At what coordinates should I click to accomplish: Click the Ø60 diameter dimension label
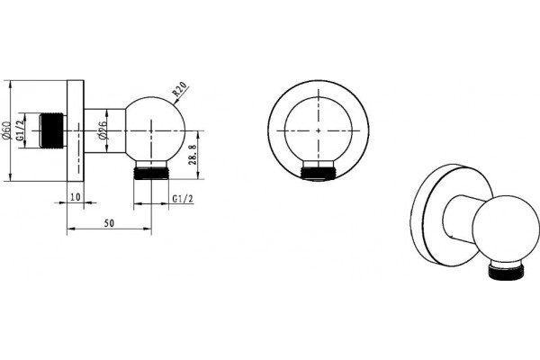pos(7,130)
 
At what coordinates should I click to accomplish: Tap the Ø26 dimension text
pos(102,130)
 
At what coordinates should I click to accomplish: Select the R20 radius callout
pos(179,89)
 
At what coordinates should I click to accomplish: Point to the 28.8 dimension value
pos(193,155)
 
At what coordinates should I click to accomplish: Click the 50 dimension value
pos(109,223)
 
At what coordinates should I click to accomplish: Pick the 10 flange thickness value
pos(75,197)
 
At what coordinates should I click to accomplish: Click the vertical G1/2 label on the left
pos(22,130)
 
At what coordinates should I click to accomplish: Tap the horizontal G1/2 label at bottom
pos(183,199)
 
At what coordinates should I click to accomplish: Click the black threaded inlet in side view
pos(51,130)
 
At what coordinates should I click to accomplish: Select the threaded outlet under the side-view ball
pos(151,174)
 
